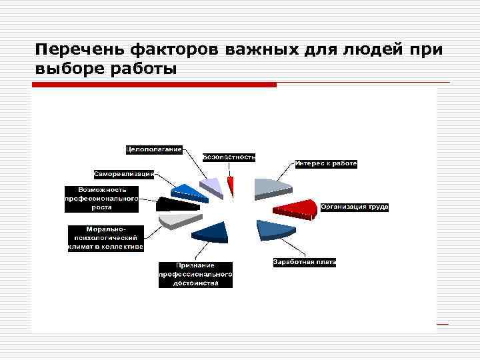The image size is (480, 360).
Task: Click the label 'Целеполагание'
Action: [x=154, y=148]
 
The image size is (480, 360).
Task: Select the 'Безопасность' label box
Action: [x=229, y=157]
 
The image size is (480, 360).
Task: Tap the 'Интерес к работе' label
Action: [x=326, y=163]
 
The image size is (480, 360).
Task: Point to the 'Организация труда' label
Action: [x=354, y=207]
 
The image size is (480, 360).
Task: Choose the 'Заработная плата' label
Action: [x=305, y=262]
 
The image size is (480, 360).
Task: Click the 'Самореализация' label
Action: [x=124, y=174]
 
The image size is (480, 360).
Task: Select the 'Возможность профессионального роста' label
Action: [x=101, y=198]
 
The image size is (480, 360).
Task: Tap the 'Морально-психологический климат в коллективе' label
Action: [x=105, y=239]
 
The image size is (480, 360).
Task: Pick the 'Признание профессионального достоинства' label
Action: [x=195, y=274]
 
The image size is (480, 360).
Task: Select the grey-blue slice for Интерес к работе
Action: [x=271, y=187]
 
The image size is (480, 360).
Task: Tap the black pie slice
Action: [x=175, y=204]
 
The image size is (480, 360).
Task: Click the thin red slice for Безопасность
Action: [x=231, y=185]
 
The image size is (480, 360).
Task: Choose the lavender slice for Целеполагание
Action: [x=211, y=186]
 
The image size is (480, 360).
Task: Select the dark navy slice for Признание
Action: [x=211, y=231]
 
